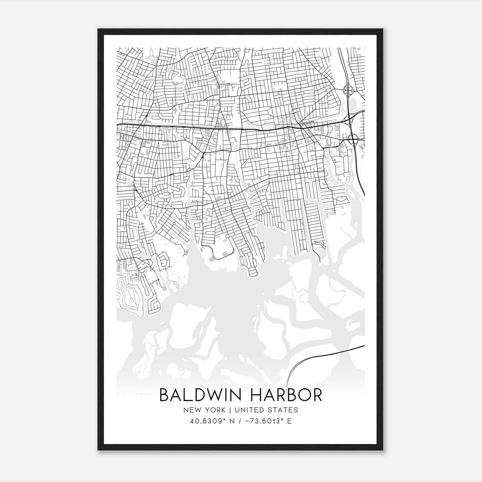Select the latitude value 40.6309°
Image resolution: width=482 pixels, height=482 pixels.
click(x=206, y=421)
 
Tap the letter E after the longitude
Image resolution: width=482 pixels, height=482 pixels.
click(x=289, y=421)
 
